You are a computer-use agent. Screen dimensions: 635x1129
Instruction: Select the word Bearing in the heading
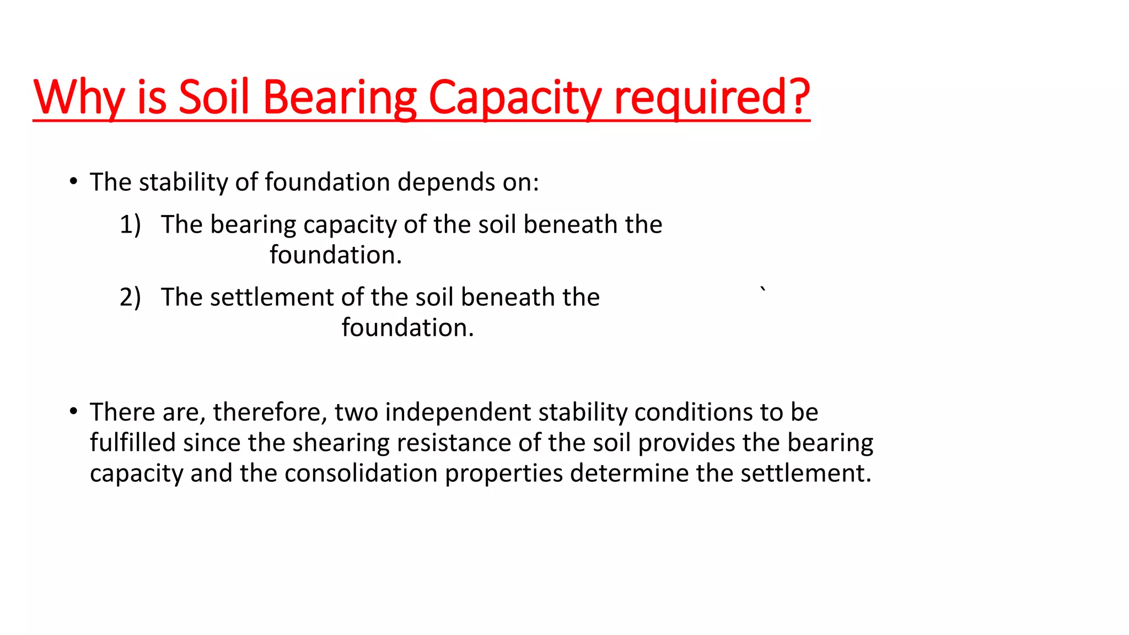tap(340, 97)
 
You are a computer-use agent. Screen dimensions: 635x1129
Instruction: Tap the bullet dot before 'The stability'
tap(73, 181)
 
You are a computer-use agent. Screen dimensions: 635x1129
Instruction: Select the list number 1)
tap(130, 224)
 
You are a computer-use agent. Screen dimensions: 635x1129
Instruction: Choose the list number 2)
tap(130, 297)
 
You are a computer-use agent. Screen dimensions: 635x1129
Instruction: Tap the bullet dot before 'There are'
tap(73, 411)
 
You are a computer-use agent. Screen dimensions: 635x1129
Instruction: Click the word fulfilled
tap(133, 443)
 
